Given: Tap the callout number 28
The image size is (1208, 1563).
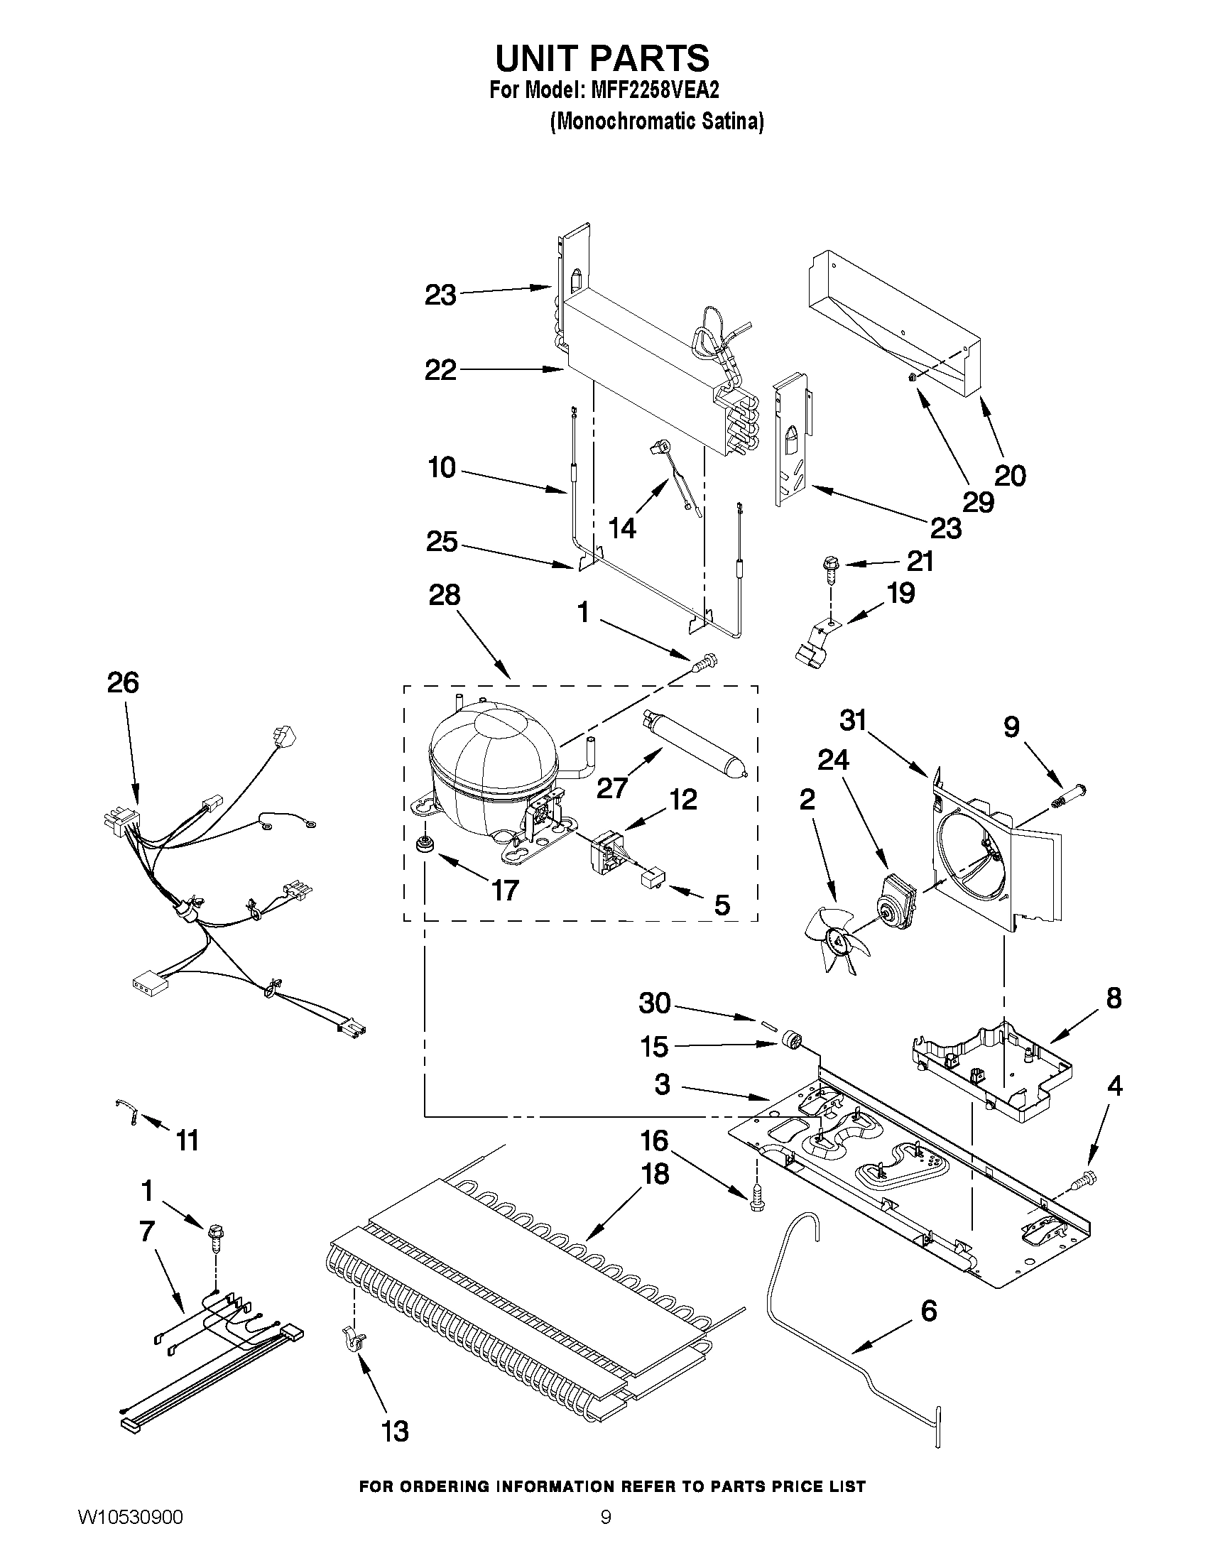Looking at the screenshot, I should [x=444, y=595].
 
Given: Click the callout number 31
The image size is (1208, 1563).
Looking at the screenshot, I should [x=852, y=721].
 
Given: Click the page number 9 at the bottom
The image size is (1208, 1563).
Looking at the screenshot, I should [x=606, y=1532].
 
